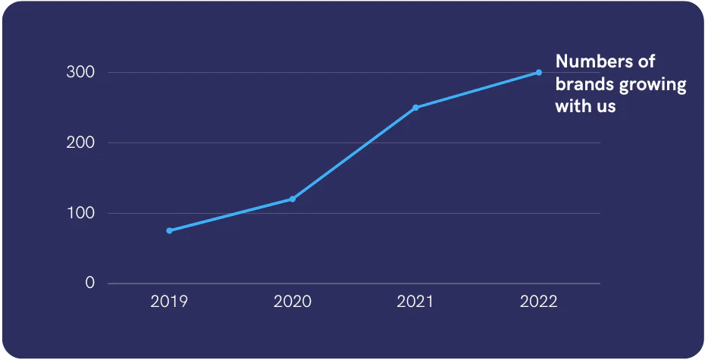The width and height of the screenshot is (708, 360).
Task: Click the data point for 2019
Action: pos(169,230)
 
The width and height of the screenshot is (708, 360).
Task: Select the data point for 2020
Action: pos(293,199)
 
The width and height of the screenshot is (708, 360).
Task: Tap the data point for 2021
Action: pos(415,108)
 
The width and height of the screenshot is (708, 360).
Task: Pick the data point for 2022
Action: pos(539,72)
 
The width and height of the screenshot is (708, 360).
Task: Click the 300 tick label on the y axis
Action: pos(80,72)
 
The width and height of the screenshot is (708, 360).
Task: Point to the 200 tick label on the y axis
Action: pos(80,142)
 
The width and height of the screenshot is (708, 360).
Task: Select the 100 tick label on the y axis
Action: pos(81,213)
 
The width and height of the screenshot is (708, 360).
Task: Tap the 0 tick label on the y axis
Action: pos(90,283)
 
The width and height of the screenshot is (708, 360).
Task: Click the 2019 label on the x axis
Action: pos(169,302)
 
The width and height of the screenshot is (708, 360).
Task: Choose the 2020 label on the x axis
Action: pos(292,302)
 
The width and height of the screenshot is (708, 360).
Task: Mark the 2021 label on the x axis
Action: pos(415,302)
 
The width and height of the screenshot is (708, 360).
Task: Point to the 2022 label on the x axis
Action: pos(539,302)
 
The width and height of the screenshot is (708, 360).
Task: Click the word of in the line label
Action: pos(647,61)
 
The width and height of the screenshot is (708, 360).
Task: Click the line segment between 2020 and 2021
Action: pos(354,153)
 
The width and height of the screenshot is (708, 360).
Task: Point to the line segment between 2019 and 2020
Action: pos(230,214)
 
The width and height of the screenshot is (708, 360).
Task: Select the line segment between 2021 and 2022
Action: pos(477,90)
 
